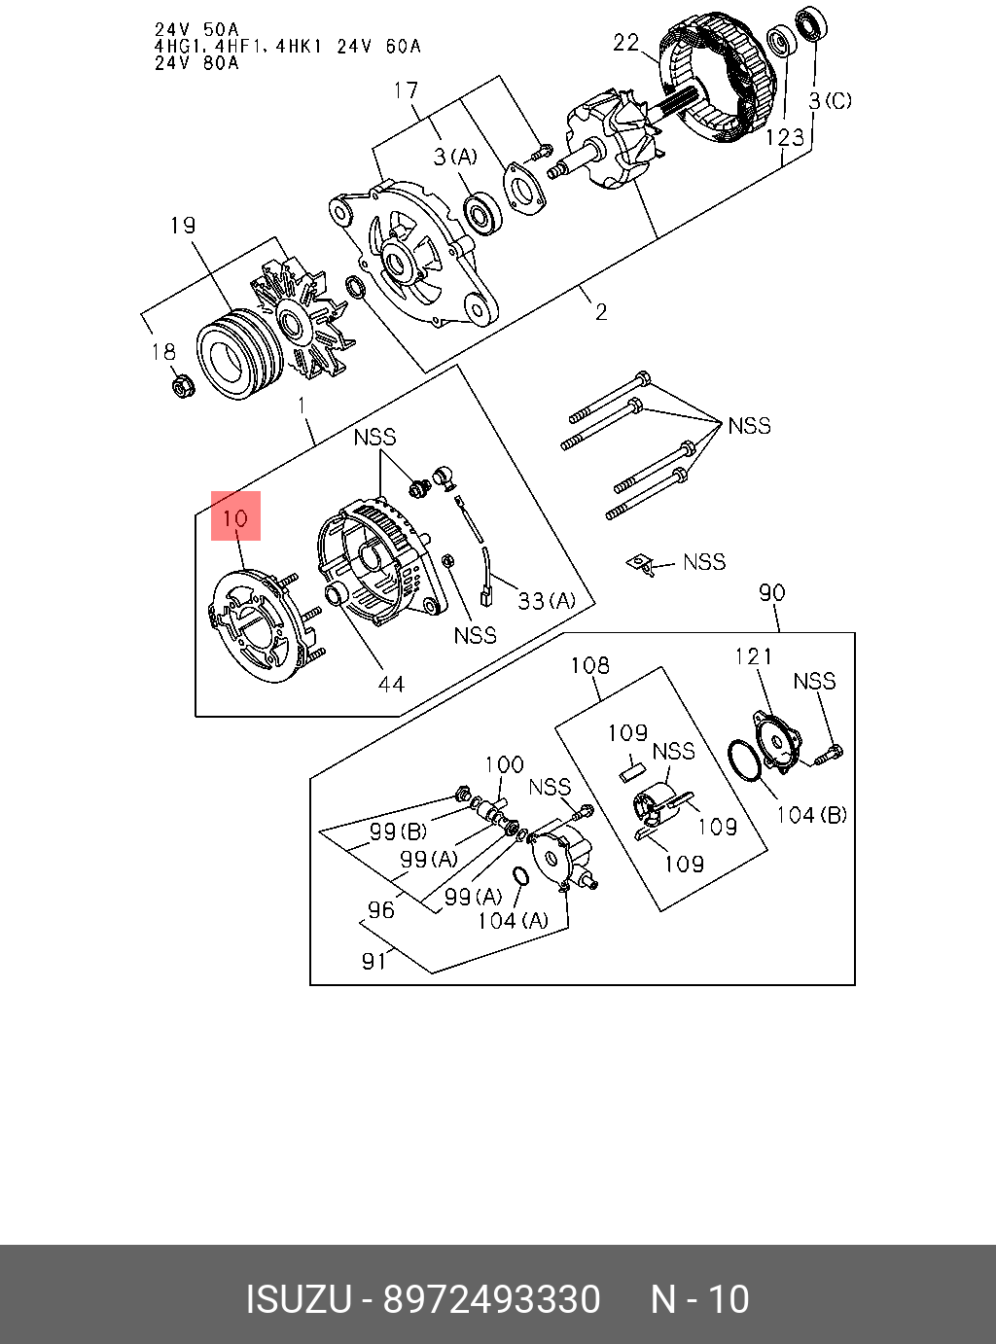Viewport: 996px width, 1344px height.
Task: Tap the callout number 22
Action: pos(626,42)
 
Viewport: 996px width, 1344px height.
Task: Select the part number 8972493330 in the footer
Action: pos(491,1300)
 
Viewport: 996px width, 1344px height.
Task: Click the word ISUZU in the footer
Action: pos(298,1300)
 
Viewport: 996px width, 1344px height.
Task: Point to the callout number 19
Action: pos(183,226)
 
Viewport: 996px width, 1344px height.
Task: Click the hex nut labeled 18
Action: pos(182,387)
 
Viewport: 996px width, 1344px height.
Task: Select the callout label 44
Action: pos(391,685)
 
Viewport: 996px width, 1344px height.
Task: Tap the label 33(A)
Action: pos(546,601)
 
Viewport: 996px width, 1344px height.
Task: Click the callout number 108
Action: pos(589,665)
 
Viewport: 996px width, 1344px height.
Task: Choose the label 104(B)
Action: pos(811,815)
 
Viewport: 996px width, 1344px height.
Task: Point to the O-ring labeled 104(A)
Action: pos(520,875)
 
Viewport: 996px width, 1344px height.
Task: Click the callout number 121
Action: pos(753,656)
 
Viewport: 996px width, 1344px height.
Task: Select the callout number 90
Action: pos(771,592)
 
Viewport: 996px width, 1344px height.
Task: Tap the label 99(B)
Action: pos(398,831)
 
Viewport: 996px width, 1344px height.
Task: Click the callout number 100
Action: pos(504,764)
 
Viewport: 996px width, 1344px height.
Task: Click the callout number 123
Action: pos(784,137)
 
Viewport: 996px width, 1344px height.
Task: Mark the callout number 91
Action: pos(373,961)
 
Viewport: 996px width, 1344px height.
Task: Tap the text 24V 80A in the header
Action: pos(196,63)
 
